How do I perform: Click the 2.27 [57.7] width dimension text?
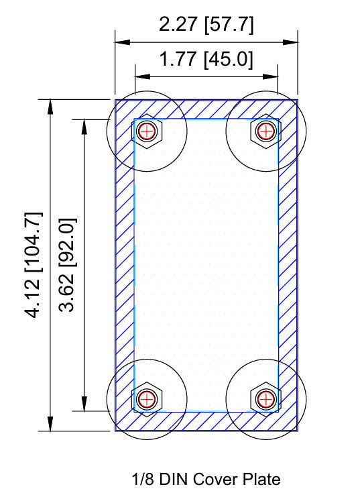206,25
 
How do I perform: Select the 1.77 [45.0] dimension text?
206,60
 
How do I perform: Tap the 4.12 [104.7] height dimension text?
34,265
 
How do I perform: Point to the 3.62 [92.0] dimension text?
68,265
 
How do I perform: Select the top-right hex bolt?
265,130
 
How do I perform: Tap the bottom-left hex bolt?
147,400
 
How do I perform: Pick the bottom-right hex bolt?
265,400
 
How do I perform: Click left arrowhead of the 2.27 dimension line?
123,42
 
